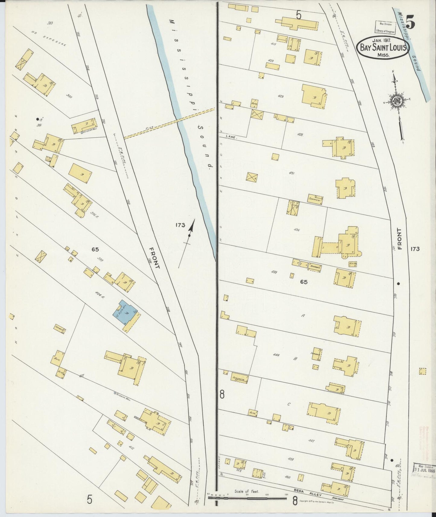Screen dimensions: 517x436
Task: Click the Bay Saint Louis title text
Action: tap(383, 47)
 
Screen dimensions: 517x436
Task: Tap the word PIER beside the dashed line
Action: tap(148, 128)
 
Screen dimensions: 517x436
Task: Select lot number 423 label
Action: tap(280, 97)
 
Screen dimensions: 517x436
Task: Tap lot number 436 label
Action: tap(296, 230)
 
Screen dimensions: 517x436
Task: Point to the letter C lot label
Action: tap(288, 404)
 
